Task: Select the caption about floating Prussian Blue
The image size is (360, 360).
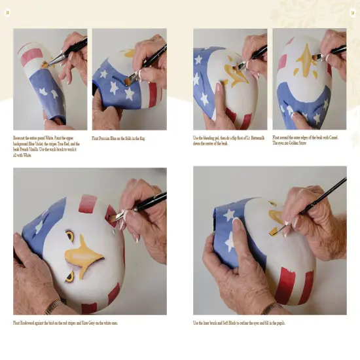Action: pos(118,138)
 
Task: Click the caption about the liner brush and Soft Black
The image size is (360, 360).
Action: pos(239,323)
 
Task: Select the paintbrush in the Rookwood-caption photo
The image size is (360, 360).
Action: pos(141,204)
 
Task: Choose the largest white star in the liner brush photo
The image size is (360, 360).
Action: pos(228,214)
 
